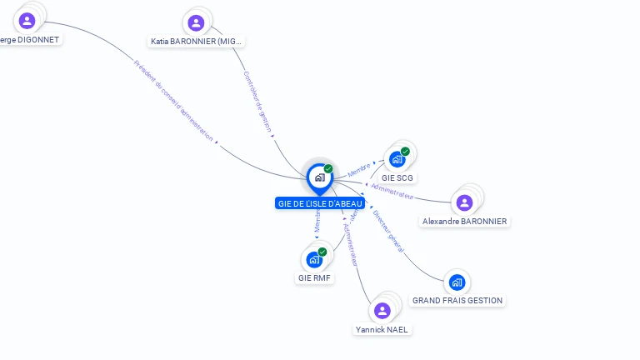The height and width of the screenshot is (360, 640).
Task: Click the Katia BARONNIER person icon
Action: click(x=196, y=23)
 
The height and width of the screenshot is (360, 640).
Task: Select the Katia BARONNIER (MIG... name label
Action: click(x=197, y=41)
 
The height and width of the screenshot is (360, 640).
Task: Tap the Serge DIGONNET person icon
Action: click(x=27, y=21)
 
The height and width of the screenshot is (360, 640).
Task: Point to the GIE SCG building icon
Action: click(x=397, y=159)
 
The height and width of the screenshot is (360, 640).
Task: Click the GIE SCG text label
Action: click(x=397, y=177)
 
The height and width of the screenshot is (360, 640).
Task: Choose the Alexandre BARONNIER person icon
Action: click(x=465, y=202)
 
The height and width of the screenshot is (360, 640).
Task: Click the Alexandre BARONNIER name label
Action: click(x=465, y=221)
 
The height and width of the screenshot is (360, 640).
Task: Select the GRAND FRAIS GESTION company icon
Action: click(x=457, y=282)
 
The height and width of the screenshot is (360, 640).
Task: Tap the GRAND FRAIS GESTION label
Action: click(x=457, y=300)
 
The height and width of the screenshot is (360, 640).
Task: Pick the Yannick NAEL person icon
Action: click(x=382, y=311)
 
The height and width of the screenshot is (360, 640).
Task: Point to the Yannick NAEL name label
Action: click(x=382, y=329)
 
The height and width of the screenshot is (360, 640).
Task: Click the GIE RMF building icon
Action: click(x=314, y=259)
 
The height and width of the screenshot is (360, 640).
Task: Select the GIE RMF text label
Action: click(x=315, y=277)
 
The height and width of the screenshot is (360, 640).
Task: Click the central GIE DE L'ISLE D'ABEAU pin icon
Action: click(x=319, y=177)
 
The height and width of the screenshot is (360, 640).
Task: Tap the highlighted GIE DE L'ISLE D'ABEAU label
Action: click(x=320, y=203)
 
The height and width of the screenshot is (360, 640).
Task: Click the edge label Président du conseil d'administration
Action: click(x=173, y=101)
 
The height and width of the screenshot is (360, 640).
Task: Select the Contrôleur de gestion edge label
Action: click(x=257, y=102)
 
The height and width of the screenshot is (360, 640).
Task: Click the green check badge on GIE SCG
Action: click(x=405, y=152)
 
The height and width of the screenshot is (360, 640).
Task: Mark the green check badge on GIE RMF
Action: click(x=322, y=252)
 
